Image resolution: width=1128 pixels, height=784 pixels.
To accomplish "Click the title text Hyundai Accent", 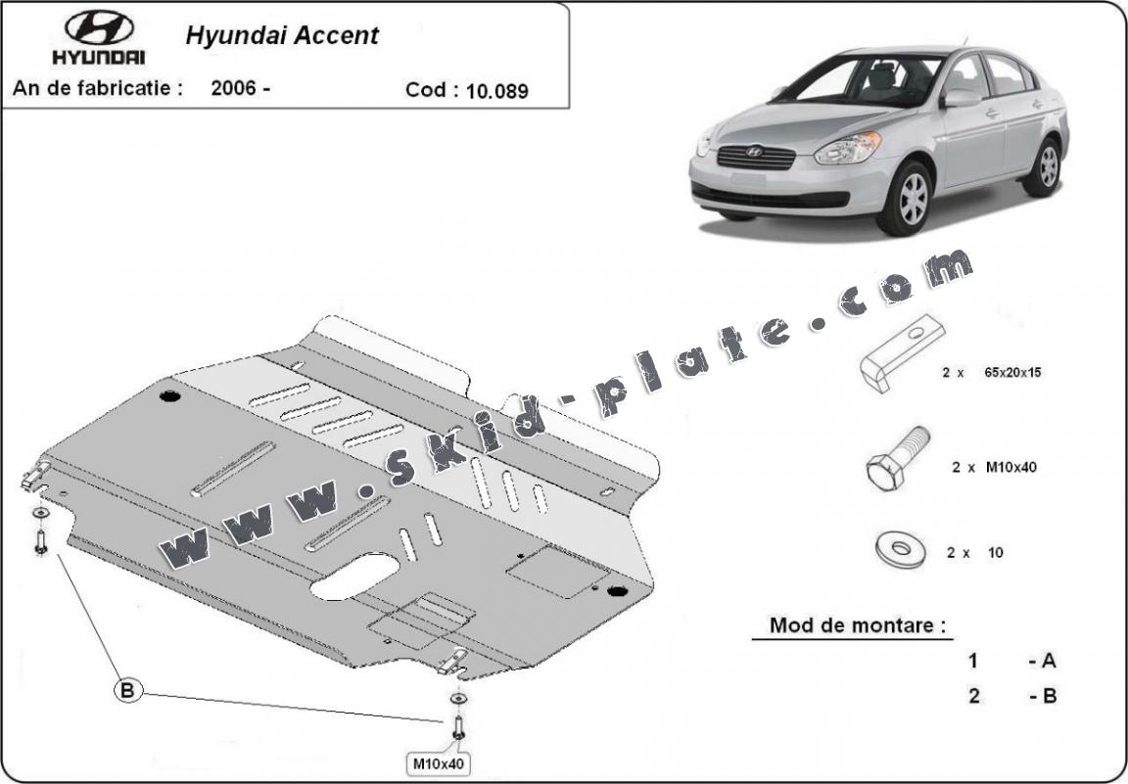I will [281, 36].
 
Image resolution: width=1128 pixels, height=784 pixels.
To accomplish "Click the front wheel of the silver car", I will [911, 199].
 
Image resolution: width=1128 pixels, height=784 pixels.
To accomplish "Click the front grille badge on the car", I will [754, 153].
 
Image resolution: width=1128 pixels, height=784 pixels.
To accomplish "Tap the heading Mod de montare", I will [858, 625].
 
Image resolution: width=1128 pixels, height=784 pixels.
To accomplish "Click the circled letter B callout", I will [127, 691].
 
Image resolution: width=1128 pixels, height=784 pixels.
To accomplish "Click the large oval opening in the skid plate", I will [353, 576].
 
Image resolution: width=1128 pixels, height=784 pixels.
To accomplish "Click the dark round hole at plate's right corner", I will [617, 591].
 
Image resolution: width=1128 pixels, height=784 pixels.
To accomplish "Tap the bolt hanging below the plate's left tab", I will [40, 541].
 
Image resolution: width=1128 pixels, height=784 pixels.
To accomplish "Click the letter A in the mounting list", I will [1049, 661].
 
